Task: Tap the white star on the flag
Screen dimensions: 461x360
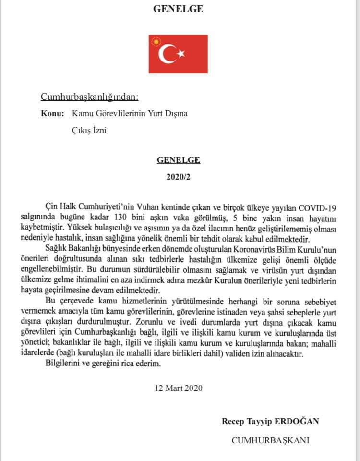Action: tap(181, 54)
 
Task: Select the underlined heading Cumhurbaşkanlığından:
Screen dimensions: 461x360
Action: tap(89, 97)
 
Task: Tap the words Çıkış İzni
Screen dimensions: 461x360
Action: tap(89, 130)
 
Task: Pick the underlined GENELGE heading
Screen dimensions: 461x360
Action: tap(178, 160)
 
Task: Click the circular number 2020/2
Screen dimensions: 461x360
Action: tap(178, 177)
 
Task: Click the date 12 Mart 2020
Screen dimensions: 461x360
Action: tap(178, 388)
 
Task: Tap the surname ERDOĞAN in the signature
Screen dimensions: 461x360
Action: tap(297, 421)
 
